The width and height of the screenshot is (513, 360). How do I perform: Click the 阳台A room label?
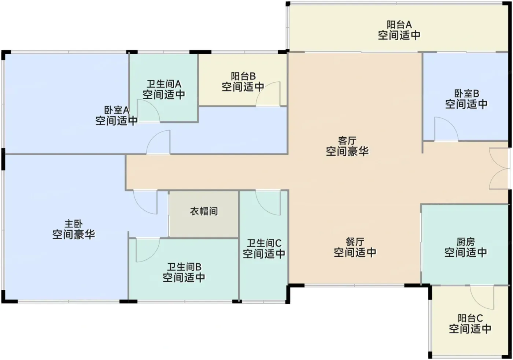click(399, 25)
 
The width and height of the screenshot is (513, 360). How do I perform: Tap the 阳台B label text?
click(243, 76)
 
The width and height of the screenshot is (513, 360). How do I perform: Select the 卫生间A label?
click(164, 84)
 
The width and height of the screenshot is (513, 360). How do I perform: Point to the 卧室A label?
click(117, 110)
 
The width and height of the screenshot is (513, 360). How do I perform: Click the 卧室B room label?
click(466, 93)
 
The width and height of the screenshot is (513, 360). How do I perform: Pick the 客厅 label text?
click(347, 141)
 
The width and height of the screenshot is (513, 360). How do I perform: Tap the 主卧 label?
click(74, 224)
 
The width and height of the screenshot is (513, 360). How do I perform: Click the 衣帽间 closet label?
click(204, 211)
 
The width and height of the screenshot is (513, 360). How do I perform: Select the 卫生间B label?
click(184, 267)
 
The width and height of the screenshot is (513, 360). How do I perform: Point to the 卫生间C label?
click(264, 243)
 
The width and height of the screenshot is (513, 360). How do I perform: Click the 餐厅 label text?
click(355, 242)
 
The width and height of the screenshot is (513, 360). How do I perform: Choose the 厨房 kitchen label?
click(466, 242)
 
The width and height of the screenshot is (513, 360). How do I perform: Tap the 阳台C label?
click(470, 318)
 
